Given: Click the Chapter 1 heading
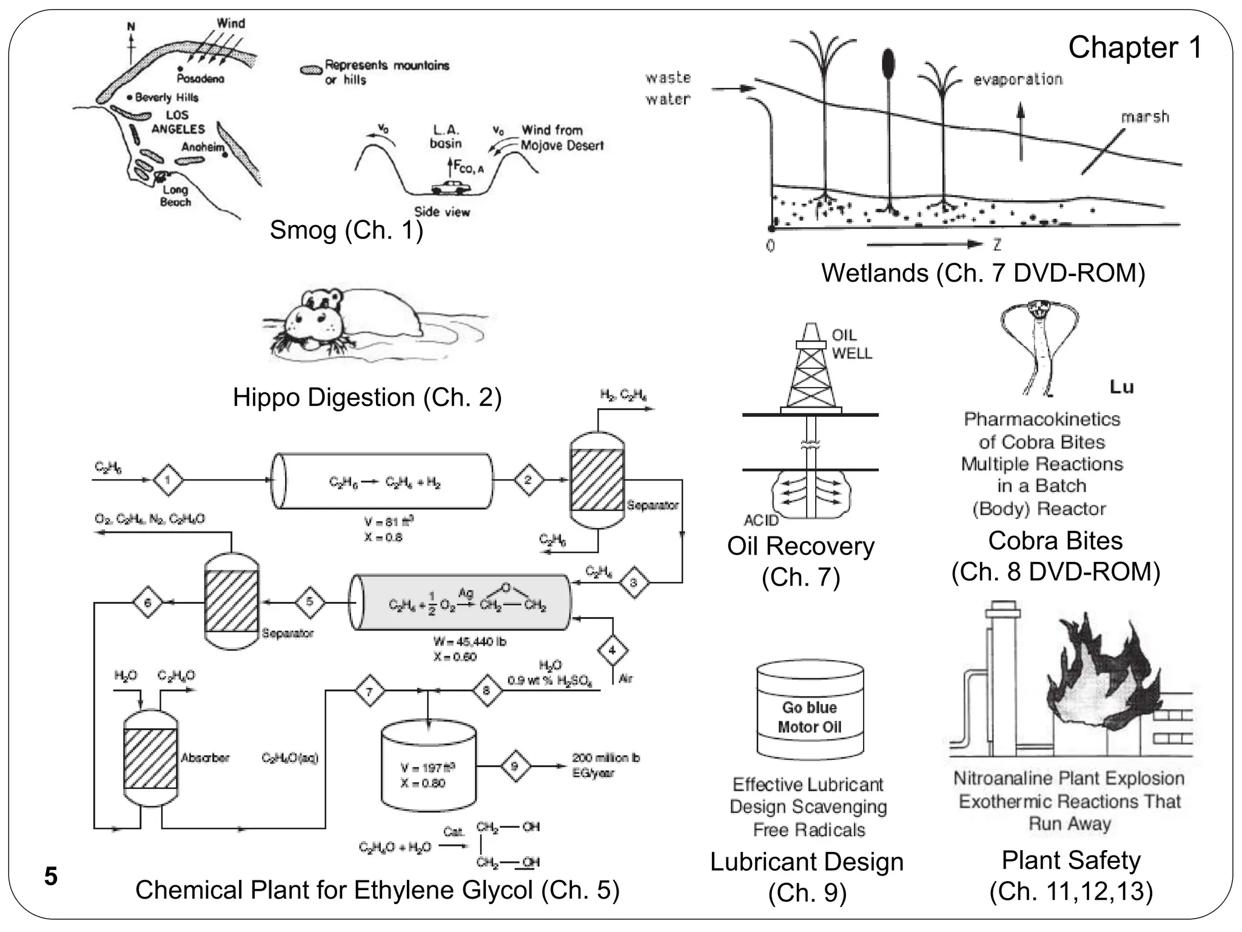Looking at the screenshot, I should tap(1135, 47).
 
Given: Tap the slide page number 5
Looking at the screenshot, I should tap(51, 877).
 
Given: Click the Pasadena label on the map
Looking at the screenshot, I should tap(200, 78).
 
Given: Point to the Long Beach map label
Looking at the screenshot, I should tap(175, 196).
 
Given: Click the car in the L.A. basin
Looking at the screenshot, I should tap(451, 187).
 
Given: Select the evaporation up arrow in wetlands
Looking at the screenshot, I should tap(1021, 130).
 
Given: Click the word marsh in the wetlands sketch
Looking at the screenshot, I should tap(1144, 116).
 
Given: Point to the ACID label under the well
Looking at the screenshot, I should tap(760, 520).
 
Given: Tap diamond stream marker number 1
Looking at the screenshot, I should tap(168, 480).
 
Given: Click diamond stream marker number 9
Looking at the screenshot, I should tap(515, 766).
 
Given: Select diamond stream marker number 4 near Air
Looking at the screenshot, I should tap(613, 650).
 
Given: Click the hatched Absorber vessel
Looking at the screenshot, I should tap(150, 758).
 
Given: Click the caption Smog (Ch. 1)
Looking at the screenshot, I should tap(346, 230).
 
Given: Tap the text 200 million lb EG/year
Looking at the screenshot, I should tap(605, 765).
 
